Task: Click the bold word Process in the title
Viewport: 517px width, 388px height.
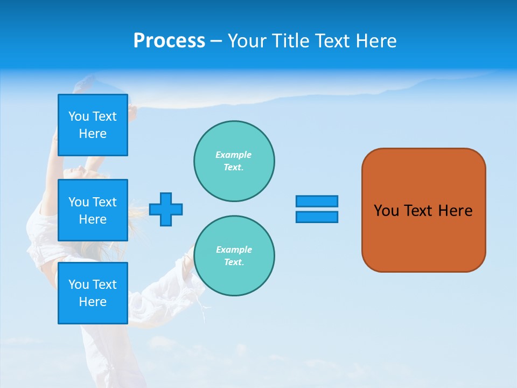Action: coord(169,41)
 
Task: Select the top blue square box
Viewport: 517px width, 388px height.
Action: coord(93,125)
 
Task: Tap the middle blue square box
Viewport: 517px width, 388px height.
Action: coord(93,210)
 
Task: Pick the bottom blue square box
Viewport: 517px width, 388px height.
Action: coord(93,293)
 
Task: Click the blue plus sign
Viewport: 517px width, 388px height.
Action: coord(166,209)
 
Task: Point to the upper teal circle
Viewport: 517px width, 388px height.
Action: coord(234,161)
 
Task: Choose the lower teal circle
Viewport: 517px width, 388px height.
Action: coord(234,256)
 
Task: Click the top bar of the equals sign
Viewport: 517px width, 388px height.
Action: coord(317,201)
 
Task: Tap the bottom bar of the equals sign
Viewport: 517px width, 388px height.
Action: coord(317,217)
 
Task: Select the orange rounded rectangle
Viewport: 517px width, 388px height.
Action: coord(423,210)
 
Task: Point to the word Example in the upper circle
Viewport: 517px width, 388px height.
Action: coord(233,155)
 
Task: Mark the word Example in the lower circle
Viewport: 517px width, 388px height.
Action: coord(234,250)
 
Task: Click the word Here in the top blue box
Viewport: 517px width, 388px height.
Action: coord(93,134)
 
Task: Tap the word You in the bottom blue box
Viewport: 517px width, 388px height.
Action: coord(79,285)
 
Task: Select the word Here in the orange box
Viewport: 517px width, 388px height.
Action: coord(455,211)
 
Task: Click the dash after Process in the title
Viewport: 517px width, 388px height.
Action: coord(216,41)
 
